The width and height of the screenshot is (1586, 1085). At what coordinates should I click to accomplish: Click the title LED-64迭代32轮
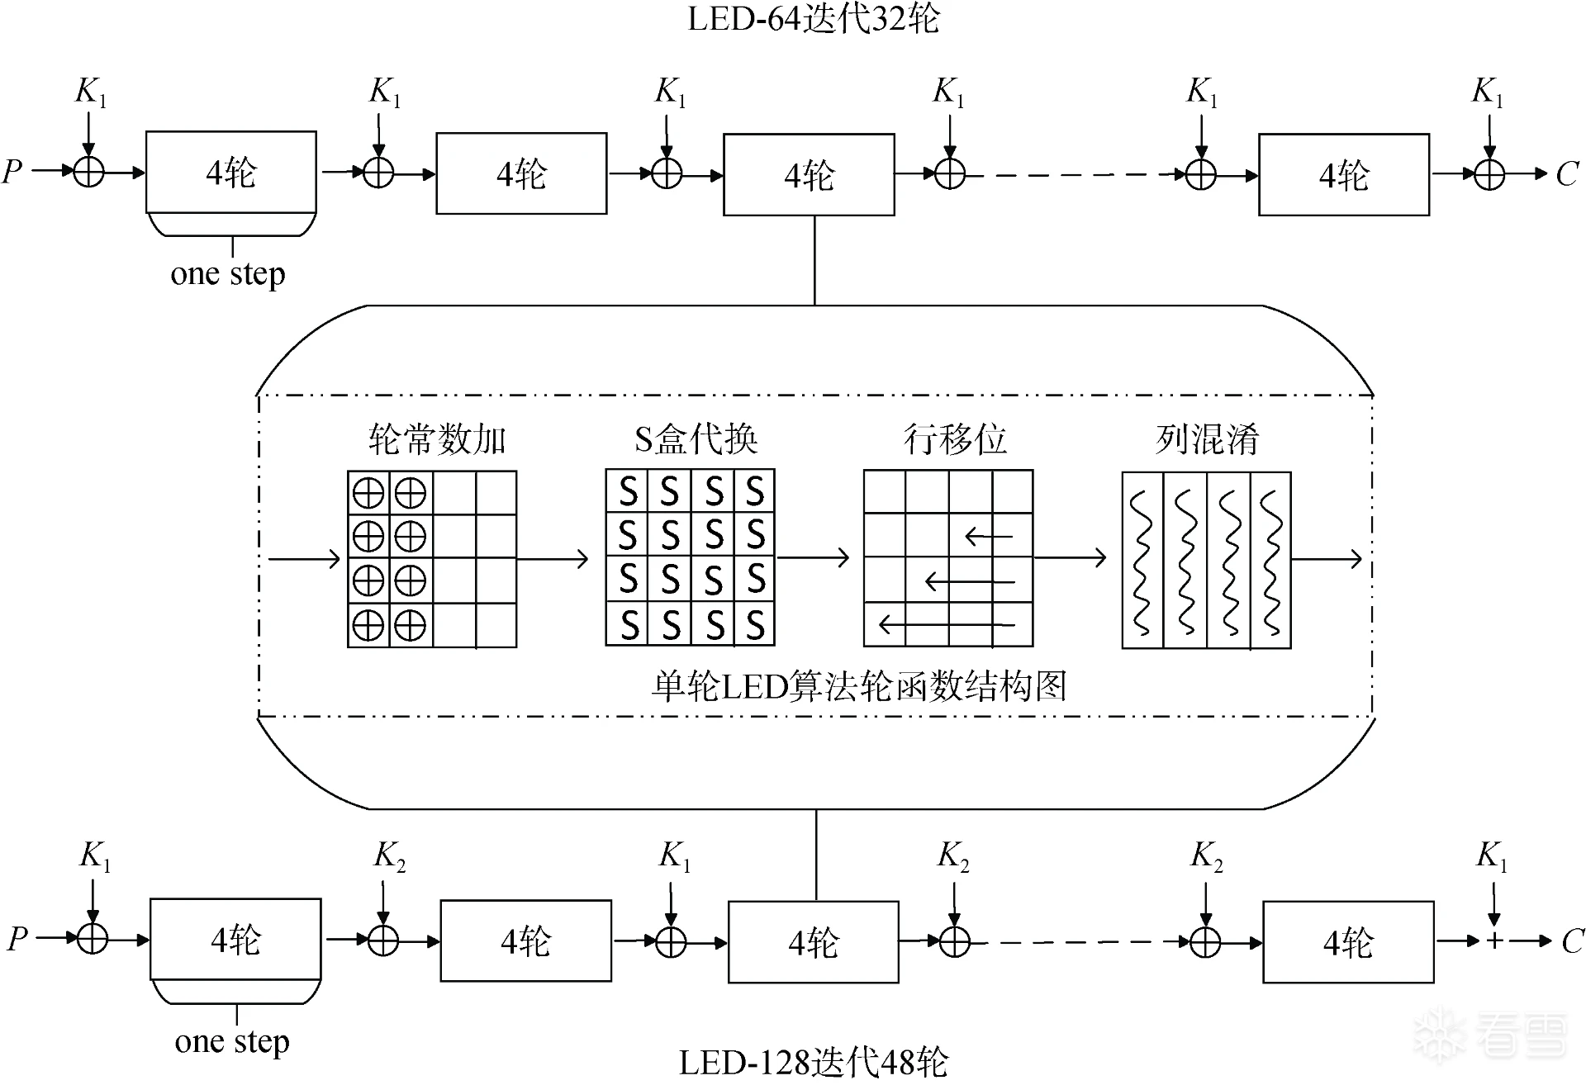coord(814,19)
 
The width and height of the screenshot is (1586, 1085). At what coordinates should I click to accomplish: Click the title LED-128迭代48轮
coord(814,1063)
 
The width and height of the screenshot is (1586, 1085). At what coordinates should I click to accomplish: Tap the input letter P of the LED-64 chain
coord(12,172)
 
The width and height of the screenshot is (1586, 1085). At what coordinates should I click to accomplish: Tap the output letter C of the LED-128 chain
coord(1572,940)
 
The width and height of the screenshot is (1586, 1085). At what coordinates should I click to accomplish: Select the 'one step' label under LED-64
coord(228,273)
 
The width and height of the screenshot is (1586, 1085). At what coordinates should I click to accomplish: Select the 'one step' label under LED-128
coord(232,1041)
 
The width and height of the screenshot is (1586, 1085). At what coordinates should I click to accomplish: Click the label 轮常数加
coord(436,439)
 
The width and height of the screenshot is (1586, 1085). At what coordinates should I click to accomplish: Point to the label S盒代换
coord(696,439)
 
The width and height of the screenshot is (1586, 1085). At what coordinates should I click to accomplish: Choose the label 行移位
coord(955,439)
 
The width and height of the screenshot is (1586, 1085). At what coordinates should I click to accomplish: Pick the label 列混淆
coord(1207,439)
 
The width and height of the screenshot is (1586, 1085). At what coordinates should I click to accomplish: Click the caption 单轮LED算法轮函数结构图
coord(859,686)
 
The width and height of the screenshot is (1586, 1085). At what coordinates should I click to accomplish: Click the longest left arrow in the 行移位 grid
coord(947,623)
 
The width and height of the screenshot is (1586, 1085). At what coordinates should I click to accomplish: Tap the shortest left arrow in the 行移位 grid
coord(989,538)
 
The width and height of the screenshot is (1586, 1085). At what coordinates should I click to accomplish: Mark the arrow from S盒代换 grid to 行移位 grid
coord(813,558)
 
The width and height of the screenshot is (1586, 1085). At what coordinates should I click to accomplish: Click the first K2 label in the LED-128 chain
coord(390,856)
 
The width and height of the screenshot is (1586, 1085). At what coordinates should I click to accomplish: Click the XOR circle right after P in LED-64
coord(89,172)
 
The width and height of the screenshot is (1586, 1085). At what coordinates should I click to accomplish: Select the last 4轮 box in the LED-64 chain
coord(1344,175)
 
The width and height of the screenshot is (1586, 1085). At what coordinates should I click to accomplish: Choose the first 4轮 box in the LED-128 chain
coord(235,940)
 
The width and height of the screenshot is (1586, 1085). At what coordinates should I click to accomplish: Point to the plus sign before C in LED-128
coord(1494,940)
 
